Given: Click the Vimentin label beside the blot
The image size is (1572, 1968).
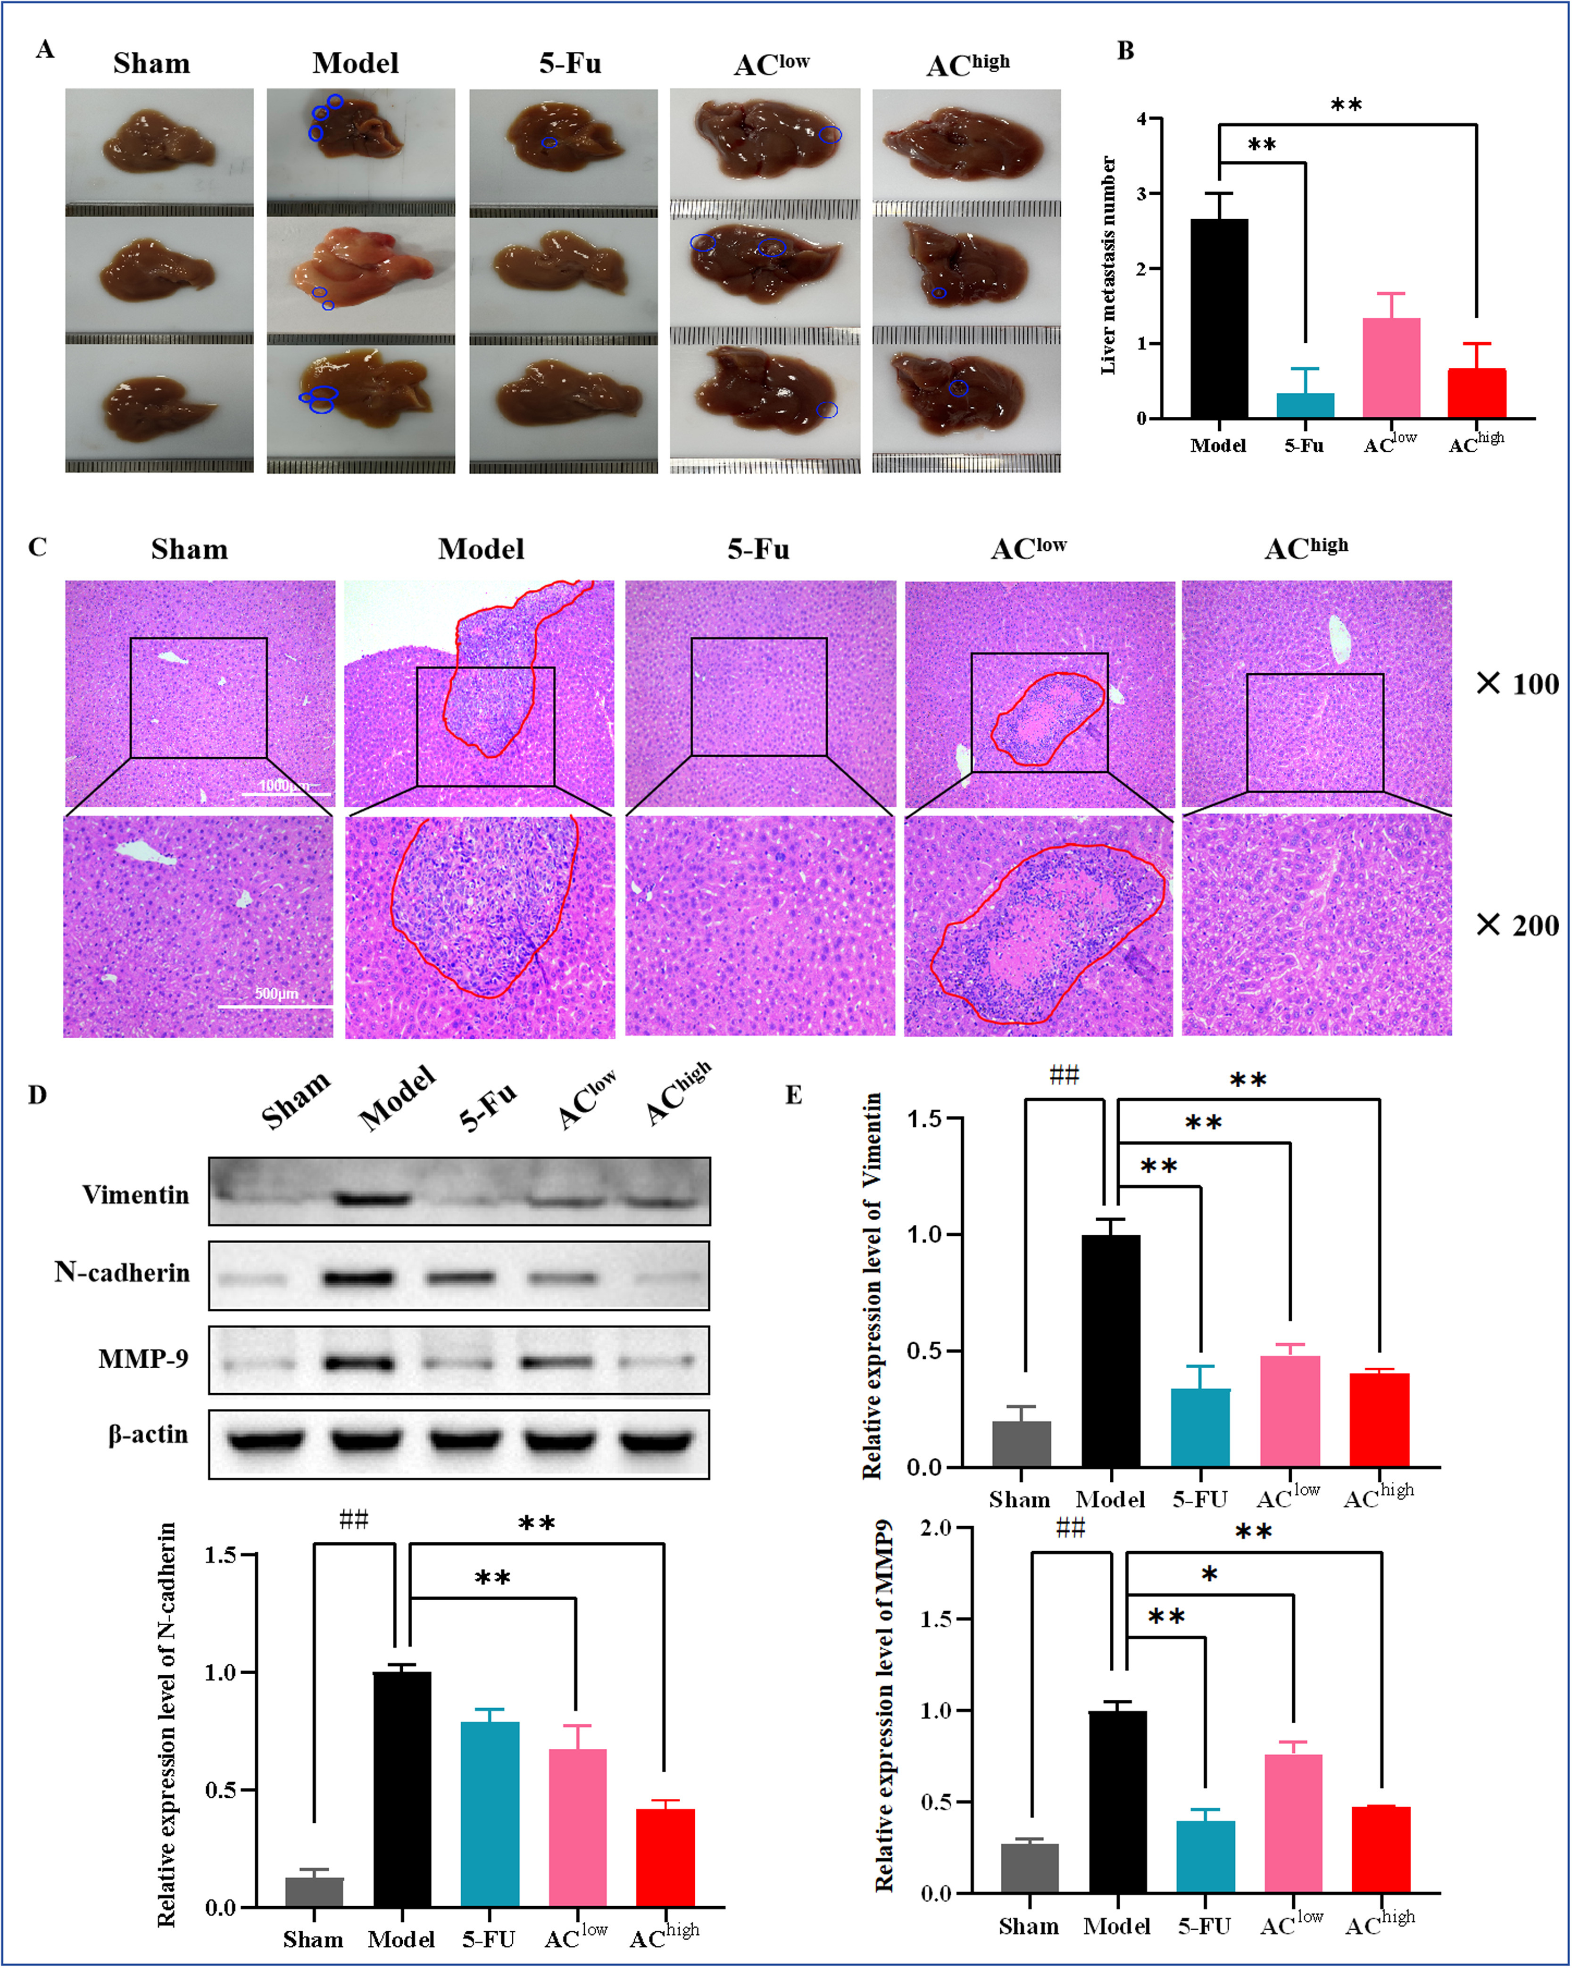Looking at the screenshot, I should [136, 1195].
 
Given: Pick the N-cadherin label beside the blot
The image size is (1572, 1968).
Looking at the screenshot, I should [122, 1273].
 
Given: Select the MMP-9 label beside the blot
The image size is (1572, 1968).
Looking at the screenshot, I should [143, 1359].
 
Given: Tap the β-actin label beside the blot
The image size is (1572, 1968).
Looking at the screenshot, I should [148, 1434].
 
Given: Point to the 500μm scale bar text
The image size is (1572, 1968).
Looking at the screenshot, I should [276, 993].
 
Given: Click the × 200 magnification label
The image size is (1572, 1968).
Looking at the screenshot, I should [1517, 926].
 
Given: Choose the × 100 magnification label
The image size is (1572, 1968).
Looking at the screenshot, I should [1517, 684].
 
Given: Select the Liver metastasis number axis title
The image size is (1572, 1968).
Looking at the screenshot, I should [1108, 265].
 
